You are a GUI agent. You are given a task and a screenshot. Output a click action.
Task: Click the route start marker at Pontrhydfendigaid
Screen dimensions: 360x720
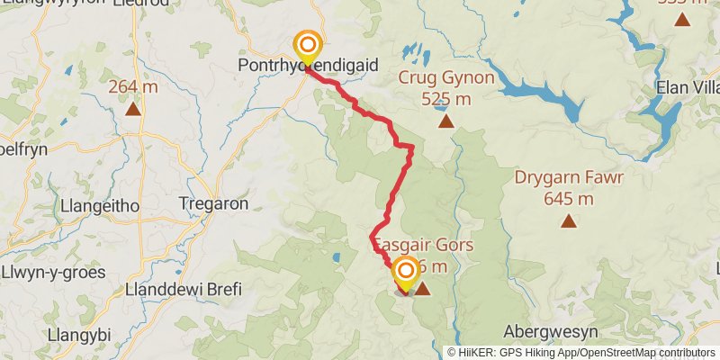(308, 45)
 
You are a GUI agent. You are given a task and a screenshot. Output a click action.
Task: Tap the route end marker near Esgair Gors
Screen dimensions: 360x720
(406, 272)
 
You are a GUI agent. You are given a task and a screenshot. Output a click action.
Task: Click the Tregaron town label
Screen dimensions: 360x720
(213, 204)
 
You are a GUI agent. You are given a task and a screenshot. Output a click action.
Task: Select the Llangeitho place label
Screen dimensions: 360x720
(99, 206)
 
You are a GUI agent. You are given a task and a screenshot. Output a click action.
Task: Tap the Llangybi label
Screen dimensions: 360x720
(80, 335)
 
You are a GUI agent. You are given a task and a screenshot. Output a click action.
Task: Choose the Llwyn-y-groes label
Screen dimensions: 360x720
(53, 273)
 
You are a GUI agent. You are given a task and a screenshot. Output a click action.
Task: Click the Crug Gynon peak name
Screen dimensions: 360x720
(447, 78)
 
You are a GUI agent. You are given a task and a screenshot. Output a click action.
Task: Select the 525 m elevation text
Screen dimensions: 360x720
(447, 98)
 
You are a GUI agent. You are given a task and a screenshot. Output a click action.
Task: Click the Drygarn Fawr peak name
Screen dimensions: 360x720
(569, 177)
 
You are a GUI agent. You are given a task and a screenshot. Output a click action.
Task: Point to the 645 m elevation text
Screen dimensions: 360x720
(569, 198)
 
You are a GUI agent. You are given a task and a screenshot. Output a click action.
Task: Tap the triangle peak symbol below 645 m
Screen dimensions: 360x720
(569, 220)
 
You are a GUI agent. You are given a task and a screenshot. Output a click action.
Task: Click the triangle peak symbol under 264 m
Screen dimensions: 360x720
(133, 110)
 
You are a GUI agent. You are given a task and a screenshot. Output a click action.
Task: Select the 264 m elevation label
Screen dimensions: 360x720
(133, 87)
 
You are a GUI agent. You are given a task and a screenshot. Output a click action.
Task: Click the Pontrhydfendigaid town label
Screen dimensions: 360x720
(307, 66)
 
